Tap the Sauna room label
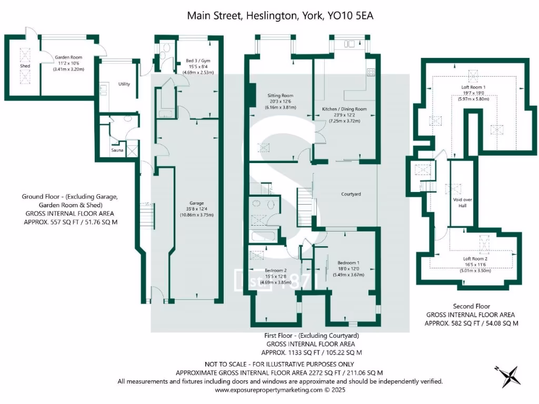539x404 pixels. tap(117, 150)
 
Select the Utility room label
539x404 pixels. tap(124, 84)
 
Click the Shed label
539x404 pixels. tap(25, 66)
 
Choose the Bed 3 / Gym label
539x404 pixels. tap(197, 60)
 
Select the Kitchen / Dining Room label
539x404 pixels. tap(344, 109)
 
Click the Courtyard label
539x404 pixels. tap(351, 194)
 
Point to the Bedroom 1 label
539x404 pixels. tap(348, 262)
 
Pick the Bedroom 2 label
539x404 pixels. tap(276, 270)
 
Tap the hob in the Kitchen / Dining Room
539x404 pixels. tap(371, 72)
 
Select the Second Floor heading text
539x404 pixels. tap(471, 306)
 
